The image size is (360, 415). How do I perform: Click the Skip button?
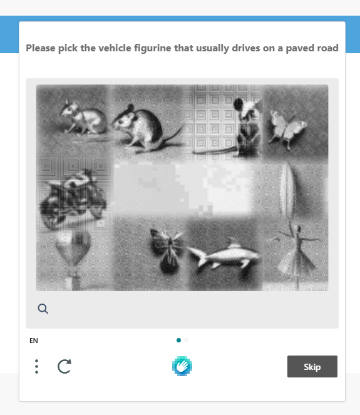(312, 367)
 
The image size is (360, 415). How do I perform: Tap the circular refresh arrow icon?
(64, 366)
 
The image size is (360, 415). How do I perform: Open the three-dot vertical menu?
(37, 366)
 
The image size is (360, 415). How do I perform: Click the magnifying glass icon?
(43, 309)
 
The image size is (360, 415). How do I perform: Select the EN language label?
(34, 341)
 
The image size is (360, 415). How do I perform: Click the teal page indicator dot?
(179, 341)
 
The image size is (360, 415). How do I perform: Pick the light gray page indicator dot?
(187, 341)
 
